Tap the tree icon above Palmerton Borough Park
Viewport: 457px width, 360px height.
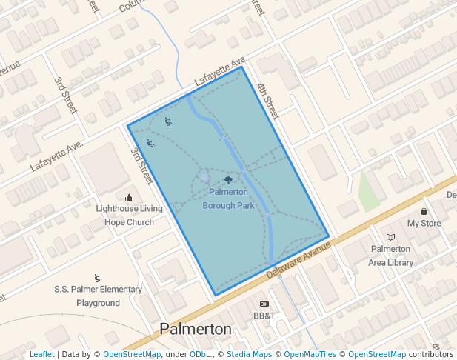tap(228, 180)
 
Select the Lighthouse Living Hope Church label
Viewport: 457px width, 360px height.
tap(129, 215)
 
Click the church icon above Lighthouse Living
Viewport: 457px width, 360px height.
tap(130, 197)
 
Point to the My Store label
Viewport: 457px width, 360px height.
tap(424, 223)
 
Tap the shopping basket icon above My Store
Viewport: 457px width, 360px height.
tap(424, 212)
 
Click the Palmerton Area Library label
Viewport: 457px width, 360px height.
tap(390, 256)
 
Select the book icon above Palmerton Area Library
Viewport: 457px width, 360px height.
tap(390, 237)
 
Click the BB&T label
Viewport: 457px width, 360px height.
tap(264, 316)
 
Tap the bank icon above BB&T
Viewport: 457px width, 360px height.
tap(264, 304)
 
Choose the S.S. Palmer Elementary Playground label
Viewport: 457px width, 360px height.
tap(98, 296)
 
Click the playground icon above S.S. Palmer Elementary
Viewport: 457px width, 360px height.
tap(98, 278)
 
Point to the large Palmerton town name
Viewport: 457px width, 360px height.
tap(196, 329)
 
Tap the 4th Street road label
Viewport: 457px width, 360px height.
tap(267, 102)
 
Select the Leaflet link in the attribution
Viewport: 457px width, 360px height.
tap(42, 354)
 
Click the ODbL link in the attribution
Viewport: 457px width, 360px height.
tap(200, 354)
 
